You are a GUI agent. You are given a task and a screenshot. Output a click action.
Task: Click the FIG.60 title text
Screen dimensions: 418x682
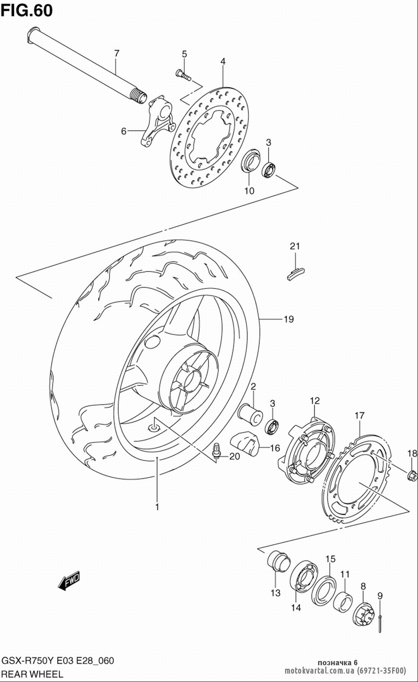(26, 10)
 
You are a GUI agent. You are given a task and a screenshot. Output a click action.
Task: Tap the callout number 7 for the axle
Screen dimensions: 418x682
(117, 53)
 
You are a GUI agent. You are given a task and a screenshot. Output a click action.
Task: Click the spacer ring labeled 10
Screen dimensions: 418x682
(251, 160)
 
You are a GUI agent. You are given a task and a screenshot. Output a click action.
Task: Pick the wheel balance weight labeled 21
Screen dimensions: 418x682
(296, 273)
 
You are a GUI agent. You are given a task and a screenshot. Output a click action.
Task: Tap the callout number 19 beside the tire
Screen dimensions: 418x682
(288, 319)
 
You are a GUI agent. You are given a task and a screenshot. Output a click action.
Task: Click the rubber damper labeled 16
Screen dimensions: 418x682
(244, 444)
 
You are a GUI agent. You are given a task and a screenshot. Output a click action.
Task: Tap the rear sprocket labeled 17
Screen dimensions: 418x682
(356, 479)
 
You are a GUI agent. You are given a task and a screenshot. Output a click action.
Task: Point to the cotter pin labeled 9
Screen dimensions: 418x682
(380, 621)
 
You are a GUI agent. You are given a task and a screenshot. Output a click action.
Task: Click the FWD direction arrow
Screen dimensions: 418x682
(69, 580)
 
